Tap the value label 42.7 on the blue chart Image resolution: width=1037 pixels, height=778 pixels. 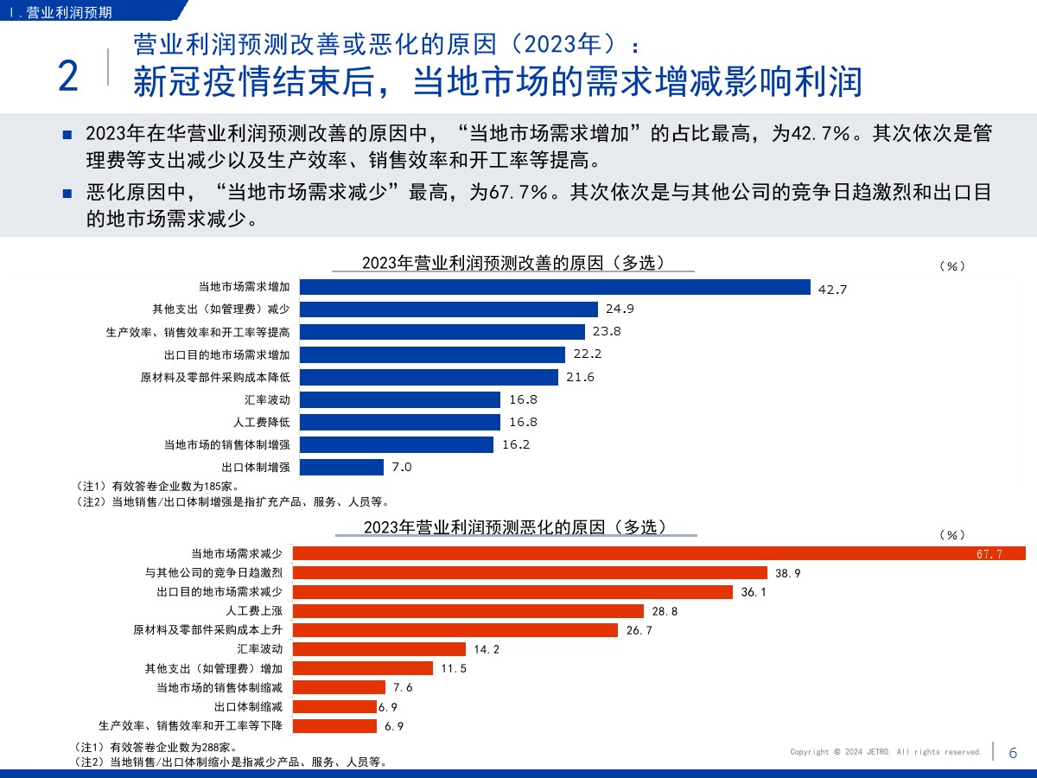click(832, 290)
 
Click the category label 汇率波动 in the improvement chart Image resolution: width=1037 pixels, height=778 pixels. click(267, 399)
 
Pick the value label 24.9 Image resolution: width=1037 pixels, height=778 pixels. click(620, 309)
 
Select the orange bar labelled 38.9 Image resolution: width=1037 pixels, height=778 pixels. click(530, 572)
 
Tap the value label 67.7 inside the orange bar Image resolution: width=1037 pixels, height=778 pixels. click(989, 554)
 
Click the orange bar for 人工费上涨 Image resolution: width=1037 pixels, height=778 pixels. click(468, 611)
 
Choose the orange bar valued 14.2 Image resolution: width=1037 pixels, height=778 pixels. click(379, 649)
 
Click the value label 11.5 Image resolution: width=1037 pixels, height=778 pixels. click(454, 668)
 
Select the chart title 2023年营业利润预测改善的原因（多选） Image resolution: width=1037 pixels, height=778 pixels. click(513, 263)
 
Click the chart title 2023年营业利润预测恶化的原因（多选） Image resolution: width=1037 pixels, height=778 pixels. click(515, 526)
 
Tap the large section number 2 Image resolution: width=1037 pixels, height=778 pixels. click(68, 77)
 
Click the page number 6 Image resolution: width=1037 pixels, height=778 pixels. click(1013, 753)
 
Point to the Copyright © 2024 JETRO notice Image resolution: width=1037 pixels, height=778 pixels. click(886, 752)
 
